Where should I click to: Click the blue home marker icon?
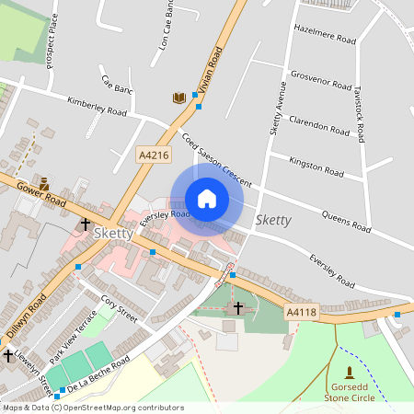point(207,199)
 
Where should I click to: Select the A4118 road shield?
point(301,313)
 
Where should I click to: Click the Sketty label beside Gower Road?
point(113,234)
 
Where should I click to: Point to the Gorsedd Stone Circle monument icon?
point(349,373)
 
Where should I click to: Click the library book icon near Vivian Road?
point(178,98)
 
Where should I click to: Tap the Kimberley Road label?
point(97,105)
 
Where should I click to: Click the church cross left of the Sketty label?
point(85,224)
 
